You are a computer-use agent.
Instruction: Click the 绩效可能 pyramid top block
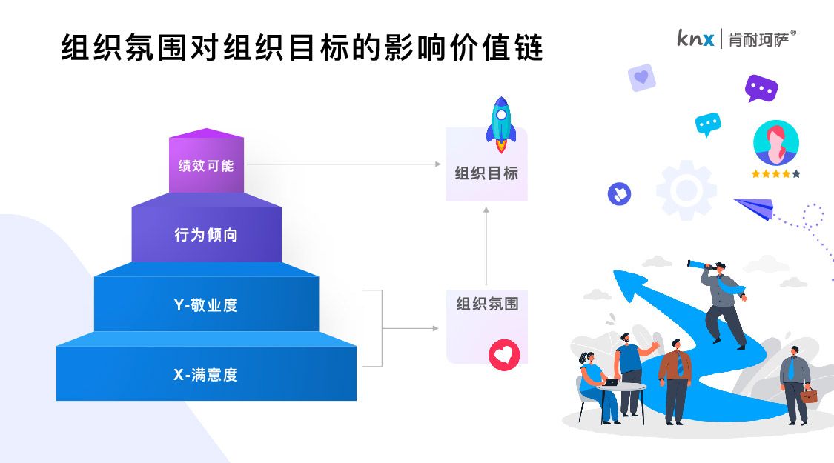(x=206, y=165)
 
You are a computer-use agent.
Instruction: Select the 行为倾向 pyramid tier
(x=206, y=235)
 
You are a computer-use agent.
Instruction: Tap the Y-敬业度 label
(x=205, y=304)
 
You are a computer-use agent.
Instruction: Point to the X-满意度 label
(x=205, y=374)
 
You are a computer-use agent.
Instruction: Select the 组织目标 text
(x=486, y=173)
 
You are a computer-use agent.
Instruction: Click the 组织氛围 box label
(x=486, y=304)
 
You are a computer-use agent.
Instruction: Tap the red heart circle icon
(x=504, y=354)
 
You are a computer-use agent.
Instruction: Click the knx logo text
(x=695, y=38)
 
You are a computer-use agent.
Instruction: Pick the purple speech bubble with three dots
(x=761, y=88)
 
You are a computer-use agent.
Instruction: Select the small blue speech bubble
(x=708, y=124)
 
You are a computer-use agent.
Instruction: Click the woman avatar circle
(x=775, y=143)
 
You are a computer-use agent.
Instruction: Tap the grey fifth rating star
(x=796, y=174)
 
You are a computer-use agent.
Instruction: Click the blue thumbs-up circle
(x=618, y=194)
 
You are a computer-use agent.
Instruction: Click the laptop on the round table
(x=610, y=382)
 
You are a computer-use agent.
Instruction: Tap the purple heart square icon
(x=641, y=77)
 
